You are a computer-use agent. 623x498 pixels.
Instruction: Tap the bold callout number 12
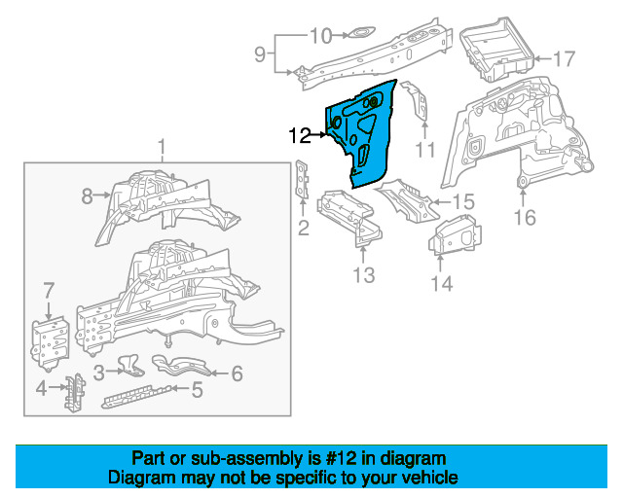pos(300,136)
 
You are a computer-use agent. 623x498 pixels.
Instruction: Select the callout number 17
pos(564,59)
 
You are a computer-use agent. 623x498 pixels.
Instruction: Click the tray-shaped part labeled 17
pos(496,49)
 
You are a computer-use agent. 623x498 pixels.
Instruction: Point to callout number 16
pos(525,217)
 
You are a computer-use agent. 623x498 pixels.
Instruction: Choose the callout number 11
pos(424,150)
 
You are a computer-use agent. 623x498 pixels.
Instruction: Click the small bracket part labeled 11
pos(416,100)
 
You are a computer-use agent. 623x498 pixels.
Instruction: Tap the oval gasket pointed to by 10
pos(361,33)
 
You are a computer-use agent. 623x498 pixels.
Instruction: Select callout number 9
pos(260,53)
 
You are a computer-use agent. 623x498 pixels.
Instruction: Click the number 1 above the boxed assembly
pos(162,147)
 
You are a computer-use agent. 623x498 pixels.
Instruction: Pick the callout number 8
pos(87,196)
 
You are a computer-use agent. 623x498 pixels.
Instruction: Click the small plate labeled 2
pos(303,179)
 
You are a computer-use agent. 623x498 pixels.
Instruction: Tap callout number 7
pos(49,290)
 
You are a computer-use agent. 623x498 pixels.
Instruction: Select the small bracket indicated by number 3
pos(130,366)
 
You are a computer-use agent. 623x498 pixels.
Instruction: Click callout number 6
pos(238,373)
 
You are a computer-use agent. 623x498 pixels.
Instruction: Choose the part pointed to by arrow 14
pos(454,235)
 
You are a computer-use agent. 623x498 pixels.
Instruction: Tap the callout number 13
pos(363,275)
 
